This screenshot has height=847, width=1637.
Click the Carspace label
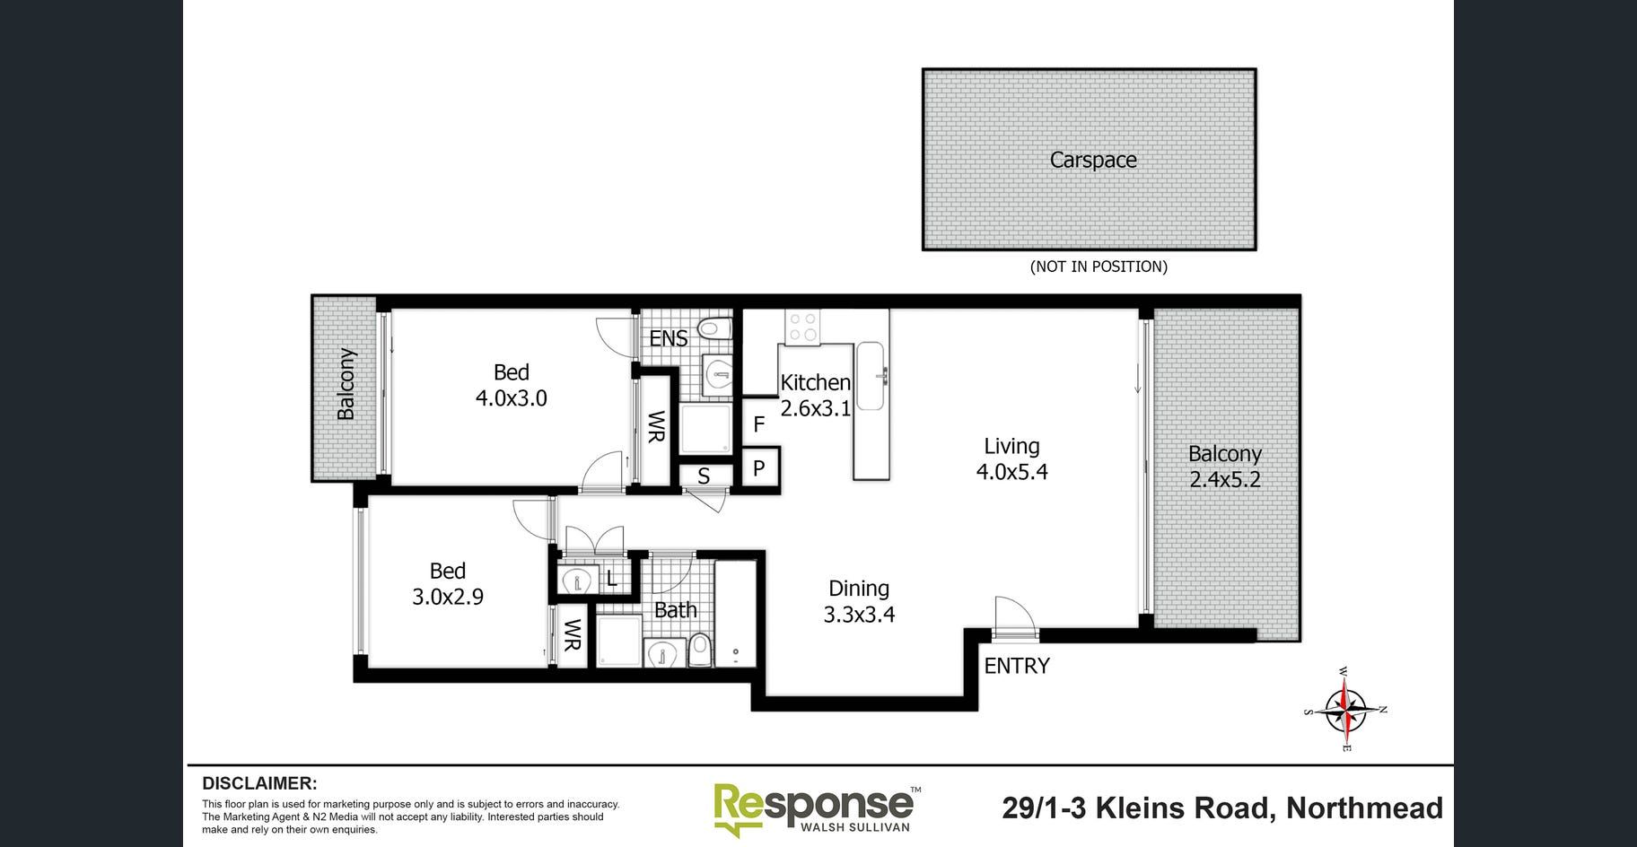1093,160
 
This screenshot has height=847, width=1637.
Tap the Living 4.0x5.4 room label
1011,458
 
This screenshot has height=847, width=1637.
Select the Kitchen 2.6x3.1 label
815,395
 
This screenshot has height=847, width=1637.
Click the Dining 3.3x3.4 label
859,601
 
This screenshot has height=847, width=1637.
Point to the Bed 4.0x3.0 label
512,385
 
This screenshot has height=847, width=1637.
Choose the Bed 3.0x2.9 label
448,583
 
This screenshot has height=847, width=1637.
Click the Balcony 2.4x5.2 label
1225,467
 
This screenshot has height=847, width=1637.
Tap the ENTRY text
1017,666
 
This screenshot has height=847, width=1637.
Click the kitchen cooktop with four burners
801,327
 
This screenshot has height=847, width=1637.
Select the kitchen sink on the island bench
872,375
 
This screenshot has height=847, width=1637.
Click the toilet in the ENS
714,327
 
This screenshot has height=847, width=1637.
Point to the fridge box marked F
759,423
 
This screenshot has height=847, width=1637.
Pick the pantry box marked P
759,467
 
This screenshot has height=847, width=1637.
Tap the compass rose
1344,709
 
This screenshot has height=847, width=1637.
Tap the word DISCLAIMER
259,783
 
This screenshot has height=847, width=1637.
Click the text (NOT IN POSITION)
1099,266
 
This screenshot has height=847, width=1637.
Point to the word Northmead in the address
1364,808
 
